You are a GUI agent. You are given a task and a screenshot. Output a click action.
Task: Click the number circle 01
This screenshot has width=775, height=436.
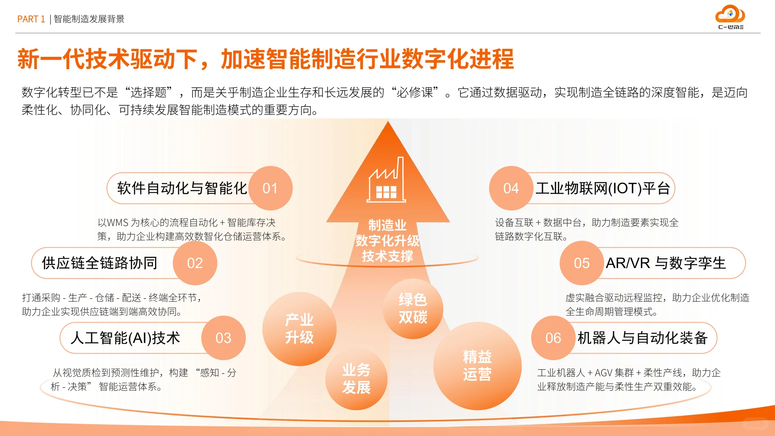(x=270, y=188)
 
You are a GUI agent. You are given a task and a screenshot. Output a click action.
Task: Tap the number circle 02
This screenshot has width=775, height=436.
(x=195, y=263)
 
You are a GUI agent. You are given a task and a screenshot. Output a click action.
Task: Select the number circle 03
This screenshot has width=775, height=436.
(x=223, y=338)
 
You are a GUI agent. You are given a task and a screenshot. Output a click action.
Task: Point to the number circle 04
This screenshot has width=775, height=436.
(x=511, y=188)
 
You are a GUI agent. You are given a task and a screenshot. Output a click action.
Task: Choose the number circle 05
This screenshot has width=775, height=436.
(x=582, y=263)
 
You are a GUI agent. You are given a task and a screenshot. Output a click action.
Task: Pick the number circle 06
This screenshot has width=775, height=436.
(x=553, y=338)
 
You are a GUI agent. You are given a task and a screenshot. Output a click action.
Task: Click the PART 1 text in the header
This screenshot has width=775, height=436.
(x=31, y=19)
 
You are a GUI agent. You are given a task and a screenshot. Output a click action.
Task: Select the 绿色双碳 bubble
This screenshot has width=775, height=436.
(x=413, y=308)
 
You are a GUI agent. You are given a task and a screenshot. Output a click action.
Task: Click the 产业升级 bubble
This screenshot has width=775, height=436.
(x=299, y=329)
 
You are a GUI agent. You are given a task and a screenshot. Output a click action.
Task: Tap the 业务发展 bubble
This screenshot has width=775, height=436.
(x=356, y=379)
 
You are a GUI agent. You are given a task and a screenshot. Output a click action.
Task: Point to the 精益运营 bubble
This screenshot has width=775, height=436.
(x=477, y=366)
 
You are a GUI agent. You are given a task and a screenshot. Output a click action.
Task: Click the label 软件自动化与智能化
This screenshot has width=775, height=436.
(x=182, y=188)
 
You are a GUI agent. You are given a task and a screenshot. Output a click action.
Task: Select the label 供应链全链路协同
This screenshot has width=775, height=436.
(x=99, y=263)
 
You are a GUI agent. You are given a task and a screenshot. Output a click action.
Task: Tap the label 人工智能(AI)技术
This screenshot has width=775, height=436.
(x=125, y=338)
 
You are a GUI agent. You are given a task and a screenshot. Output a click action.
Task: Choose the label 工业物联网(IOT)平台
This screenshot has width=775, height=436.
(x=603, y=188)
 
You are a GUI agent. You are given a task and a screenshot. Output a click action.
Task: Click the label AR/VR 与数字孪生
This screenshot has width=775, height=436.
(x=666, y=263)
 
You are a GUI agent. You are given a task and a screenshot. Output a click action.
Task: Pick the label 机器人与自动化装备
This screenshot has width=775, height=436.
(x=642, y=338)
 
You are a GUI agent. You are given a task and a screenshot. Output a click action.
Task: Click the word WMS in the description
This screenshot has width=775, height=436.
(x=117, y=222)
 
